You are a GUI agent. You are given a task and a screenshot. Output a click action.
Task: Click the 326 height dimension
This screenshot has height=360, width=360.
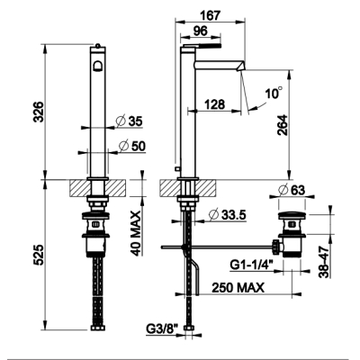(x=39, y=112)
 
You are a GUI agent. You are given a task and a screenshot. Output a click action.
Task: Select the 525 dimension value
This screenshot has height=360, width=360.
(x=39, y=255)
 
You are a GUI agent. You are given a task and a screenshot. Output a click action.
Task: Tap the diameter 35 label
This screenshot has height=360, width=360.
(x=130, y=121)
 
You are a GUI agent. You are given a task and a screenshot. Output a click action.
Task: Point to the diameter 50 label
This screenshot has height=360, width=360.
(x=131, y=146)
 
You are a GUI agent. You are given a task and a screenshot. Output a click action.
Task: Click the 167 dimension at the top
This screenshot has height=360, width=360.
(x=211, y=15)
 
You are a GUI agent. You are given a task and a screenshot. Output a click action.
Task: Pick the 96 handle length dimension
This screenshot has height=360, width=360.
(x=200, y=31)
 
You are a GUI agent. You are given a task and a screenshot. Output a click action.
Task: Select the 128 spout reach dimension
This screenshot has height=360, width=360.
(x=214, y=104)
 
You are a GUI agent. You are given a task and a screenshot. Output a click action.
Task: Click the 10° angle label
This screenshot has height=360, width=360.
(x=274, y=94)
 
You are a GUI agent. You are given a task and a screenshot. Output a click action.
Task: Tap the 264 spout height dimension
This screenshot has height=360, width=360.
(x=283, y=125)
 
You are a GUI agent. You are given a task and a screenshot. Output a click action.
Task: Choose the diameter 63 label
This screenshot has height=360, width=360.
(x=292, y=190)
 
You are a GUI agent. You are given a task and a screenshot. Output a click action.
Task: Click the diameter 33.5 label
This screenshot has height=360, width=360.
(x=228, y=215)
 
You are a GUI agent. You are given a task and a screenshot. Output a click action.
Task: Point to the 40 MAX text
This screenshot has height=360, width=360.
(x=137, y=233)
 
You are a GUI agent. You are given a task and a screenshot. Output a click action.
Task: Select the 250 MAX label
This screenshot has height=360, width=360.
(x=238, y=288)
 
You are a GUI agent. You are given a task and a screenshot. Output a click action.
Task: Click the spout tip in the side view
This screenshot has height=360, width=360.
(x=241, y=67)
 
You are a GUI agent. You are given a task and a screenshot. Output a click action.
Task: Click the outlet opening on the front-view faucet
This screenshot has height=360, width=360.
(x=98, y=66)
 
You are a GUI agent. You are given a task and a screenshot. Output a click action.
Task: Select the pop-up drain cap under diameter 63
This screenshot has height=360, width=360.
(x=292, y=214)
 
